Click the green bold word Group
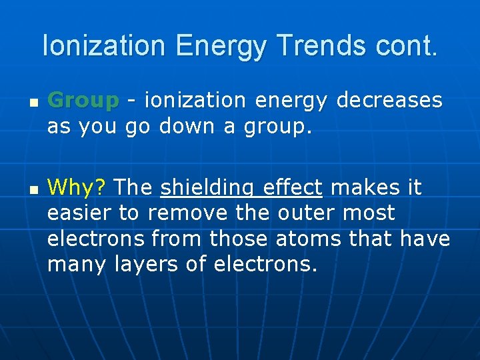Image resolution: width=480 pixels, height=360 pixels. tap(83, 101)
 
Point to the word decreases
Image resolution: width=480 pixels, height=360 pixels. tap(389, 101)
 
